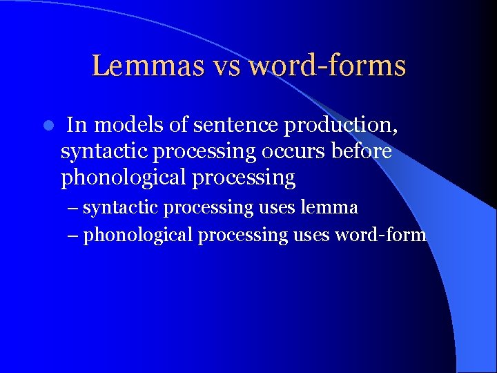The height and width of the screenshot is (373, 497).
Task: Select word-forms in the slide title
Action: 327,66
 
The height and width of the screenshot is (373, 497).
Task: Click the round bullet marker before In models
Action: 47,126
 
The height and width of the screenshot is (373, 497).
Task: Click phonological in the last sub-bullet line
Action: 138,236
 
